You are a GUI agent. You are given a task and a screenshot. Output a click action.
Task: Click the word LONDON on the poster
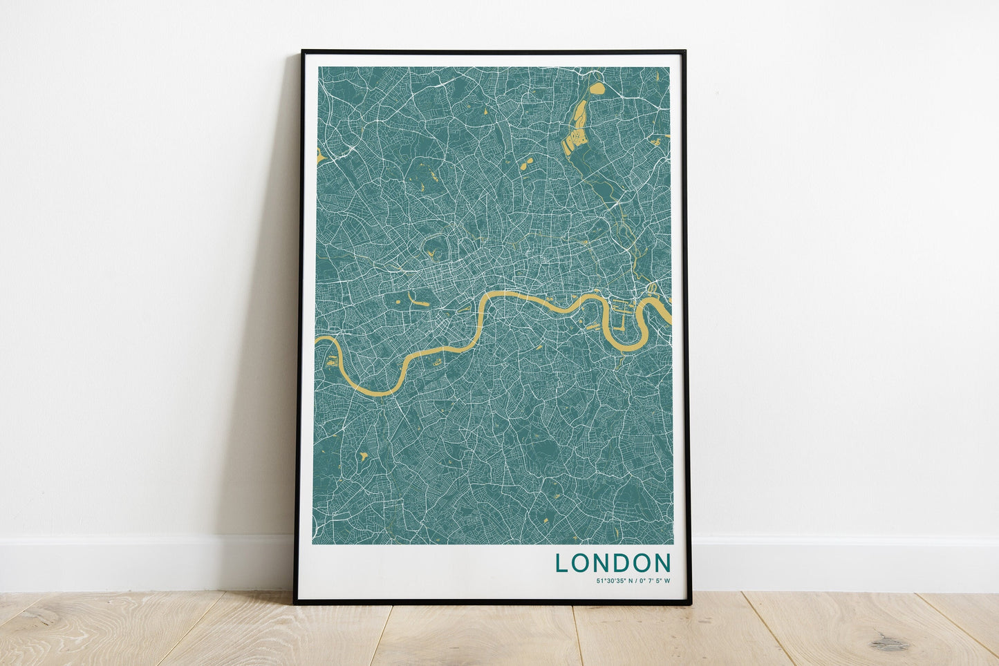point(613,562)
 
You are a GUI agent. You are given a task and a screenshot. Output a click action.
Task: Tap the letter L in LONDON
point(561,562)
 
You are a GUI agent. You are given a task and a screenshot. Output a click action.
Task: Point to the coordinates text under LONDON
point(633,580)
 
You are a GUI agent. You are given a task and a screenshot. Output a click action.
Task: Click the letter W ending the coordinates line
point(668,580)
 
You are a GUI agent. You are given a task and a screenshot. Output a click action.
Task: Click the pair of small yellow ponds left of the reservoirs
point(525,164)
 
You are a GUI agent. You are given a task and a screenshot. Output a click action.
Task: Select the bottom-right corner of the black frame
point(689,604)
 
